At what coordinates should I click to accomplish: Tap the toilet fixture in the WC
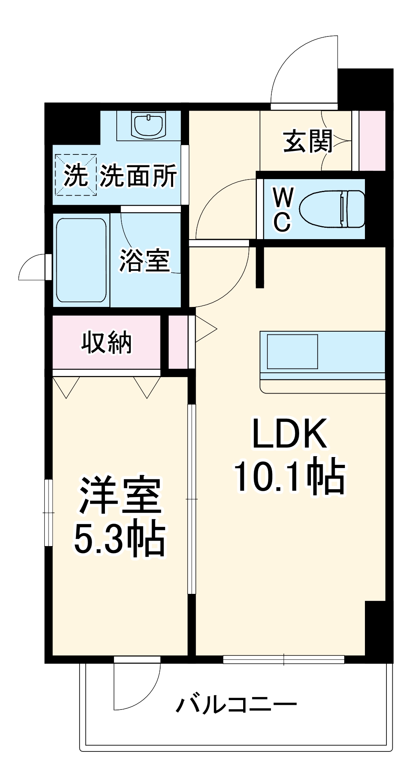[x=332, y=209]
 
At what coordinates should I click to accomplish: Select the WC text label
[x=282, y=210]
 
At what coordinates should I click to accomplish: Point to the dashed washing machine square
[x=76, y=175]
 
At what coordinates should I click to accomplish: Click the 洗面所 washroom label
[x=138, y=176]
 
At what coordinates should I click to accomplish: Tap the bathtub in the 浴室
[x=81, y=260]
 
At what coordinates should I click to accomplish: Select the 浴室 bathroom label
[x=144, y=260]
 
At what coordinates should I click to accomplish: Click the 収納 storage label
[x=107, y=343]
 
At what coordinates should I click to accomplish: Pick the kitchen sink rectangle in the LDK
[x=292, y=352]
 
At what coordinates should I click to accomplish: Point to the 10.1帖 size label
[x=290, y=477]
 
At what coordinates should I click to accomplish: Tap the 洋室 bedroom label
[x=120, y=496]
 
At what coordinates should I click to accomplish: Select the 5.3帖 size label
[x=120, y=538]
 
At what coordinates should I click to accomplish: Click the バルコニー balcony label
[x=236, y=705]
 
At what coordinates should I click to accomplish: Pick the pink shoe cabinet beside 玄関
[x=372, y=141]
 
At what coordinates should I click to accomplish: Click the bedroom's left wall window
[x=49, y=512]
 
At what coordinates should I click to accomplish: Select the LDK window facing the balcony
[x=283, y=660]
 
